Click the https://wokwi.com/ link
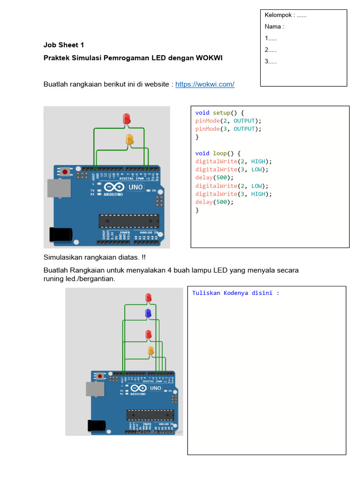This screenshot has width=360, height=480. pyautogui.click(x=205, y=84)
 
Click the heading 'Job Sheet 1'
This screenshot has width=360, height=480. pyautogui.click(x=64, y=45)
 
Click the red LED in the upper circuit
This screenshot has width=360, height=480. pyautogui.click(x=127, y=119)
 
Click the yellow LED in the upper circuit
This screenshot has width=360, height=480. pyautogui.click(x=129, y=139)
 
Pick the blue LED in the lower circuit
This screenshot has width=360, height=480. pyautogui.click(x=148, y=313)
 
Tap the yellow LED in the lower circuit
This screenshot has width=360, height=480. pyautogui.click(x=151, y=351)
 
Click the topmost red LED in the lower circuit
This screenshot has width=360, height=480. pyautogui.click(x=149, y=297)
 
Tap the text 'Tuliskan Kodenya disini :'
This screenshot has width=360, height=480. pyautogui.click(x=236, y=293)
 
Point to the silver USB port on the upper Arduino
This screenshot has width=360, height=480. pyautogui.click(x=59, y=188)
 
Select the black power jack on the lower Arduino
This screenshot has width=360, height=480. pyautogui.click(x=97, y=425)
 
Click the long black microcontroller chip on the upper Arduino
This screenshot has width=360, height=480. pyautogui.click(x=128, y=221)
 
